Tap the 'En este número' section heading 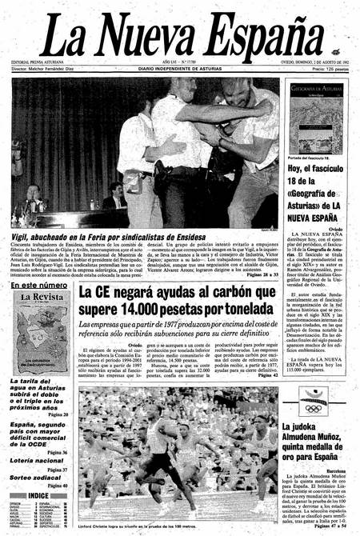point(39,285)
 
